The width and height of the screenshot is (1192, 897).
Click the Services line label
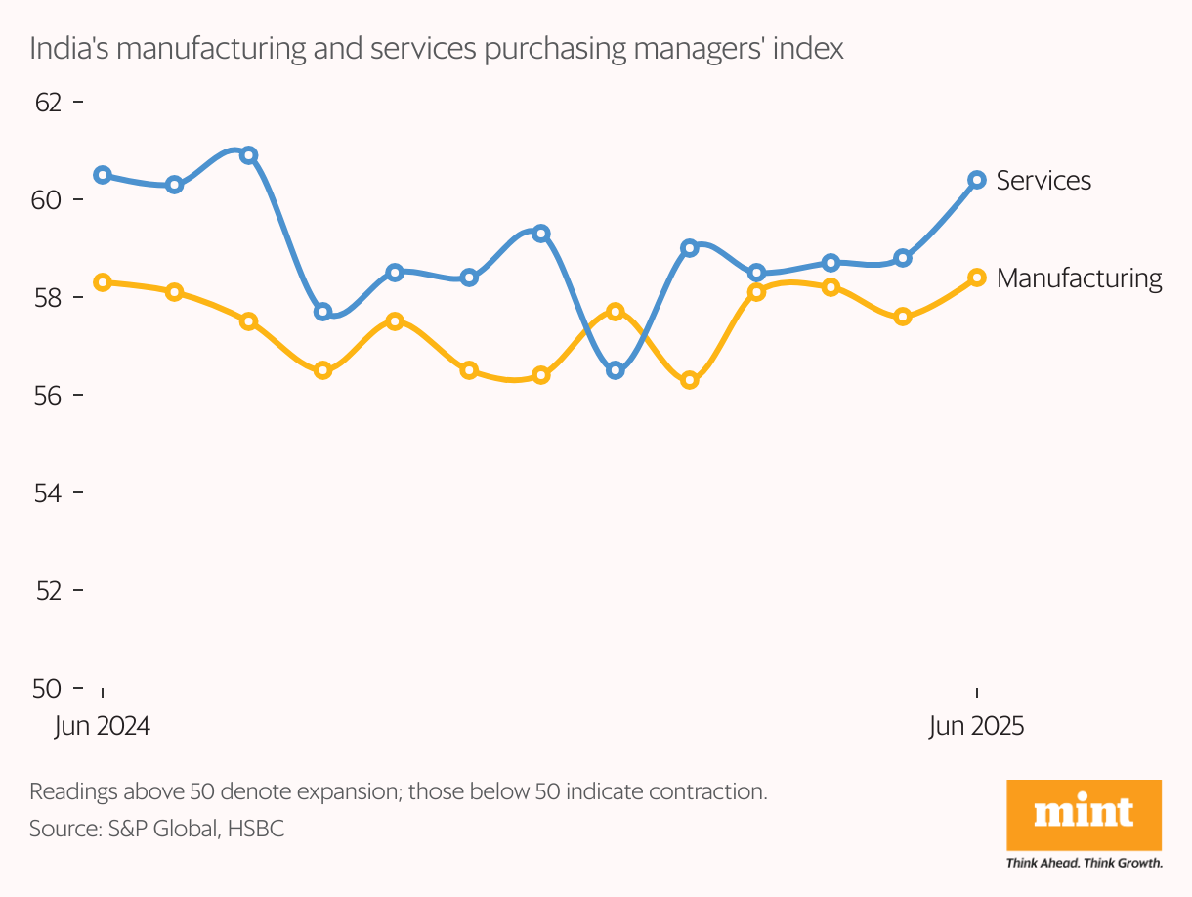pos(1043,181)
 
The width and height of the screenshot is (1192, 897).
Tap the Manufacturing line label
pos(1080,278)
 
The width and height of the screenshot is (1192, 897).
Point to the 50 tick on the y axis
pos(46,688)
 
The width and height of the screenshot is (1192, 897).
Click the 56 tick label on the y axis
pos(46,395)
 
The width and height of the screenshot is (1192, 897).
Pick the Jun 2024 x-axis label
pos(103,727)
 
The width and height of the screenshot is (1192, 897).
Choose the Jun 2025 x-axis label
pos(976,727)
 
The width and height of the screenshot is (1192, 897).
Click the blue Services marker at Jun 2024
pos(103,175)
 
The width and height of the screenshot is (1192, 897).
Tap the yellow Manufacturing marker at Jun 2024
pos(103,282)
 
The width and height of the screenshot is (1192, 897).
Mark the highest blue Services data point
pos(248,155)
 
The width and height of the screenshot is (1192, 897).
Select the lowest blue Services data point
pos(616,370)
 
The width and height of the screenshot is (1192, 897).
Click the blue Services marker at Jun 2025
pos(976,180)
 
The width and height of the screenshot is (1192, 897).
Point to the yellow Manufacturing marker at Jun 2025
pos(976,278)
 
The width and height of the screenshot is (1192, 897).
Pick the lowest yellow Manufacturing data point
pos(690,380)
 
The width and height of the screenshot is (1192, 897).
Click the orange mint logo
pos(1084,814)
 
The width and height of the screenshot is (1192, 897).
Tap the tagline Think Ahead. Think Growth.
pos(1084,863)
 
